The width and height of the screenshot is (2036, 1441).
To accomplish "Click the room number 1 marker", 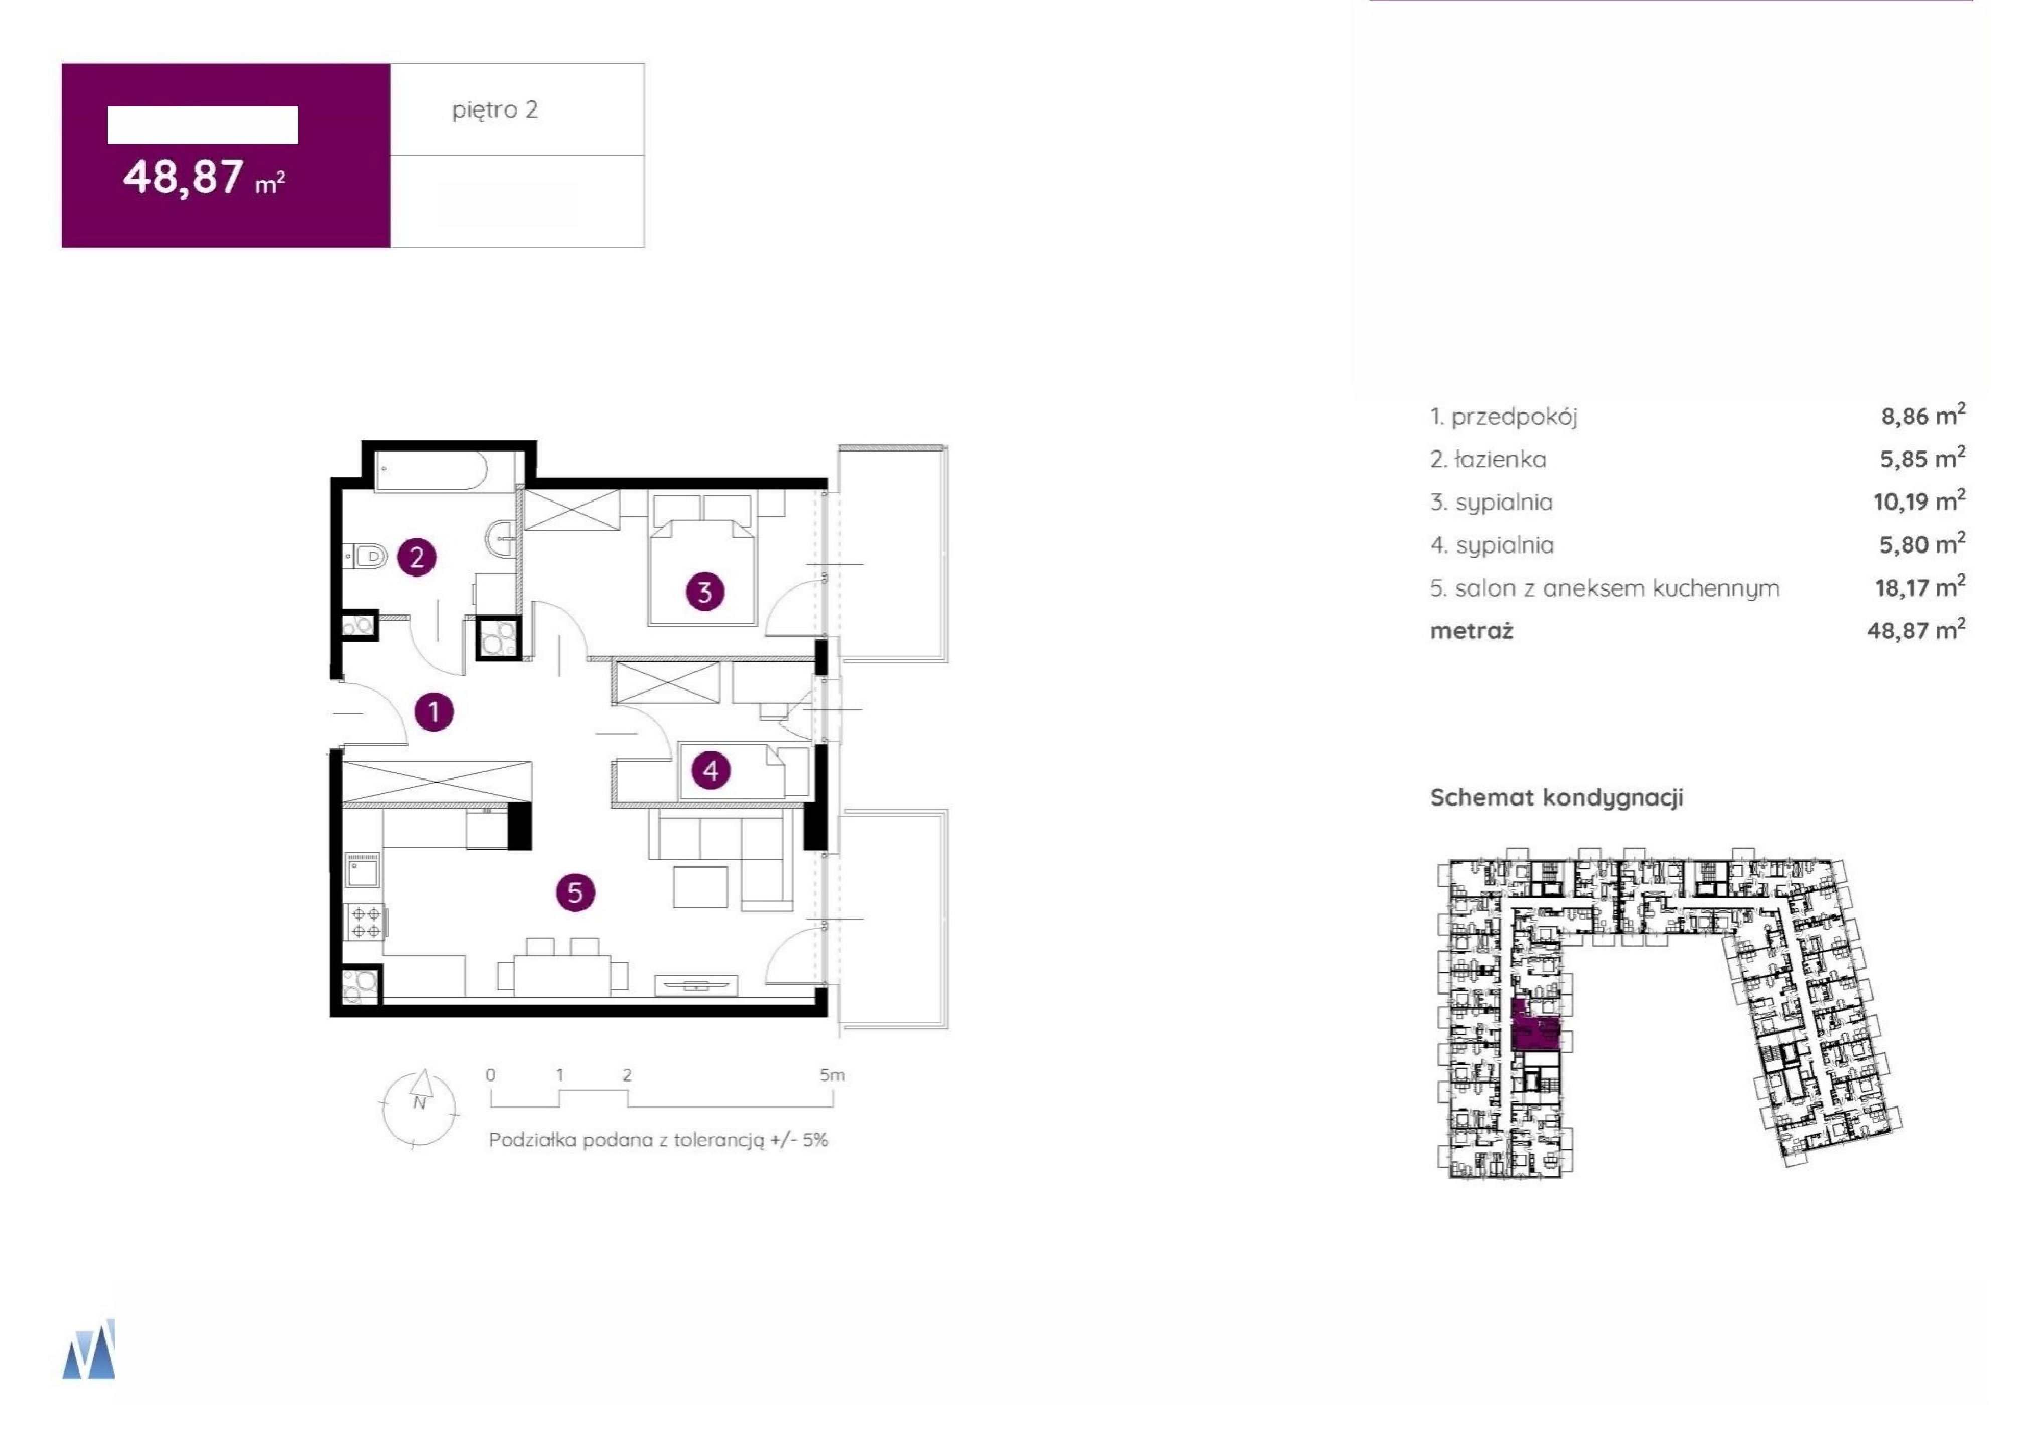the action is [x=434, y=711].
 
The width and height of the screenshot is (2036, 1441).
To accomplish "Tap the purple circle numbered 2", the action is [x=417, y=558].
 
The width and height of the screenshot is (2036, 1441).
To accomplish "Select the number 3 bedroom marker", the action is [x=705, y=592].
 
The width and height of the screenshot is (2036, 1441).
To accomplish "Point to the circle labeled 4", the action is [x=710, y=770].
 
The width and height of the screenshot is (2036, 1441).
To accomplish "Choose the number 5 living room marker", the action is [x=575, y=892].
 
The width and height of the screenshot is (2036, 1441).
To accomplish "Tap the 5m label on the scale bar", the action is [x=832, y=1075].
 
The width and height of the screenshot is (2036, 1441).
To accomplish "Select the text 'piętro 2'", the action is [x=495, y=110].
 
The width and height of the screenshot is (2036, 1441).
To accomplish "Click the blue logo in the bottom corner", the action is [x=89, y=1350].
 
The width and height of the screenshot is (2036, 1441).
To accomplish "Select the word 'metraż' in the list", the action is [x=1472, y=631].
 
